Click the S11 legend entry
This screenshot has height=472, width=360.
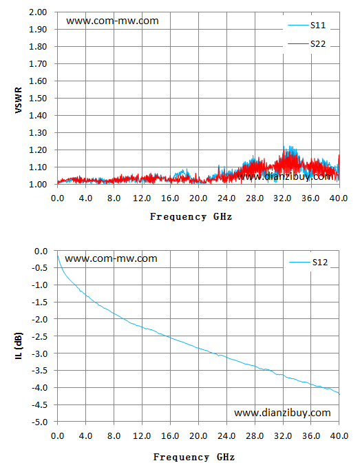pyautogui.click(x=307, y=25)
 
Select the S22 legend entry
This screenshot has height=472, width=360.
pyautogui.click(x=307, y=44)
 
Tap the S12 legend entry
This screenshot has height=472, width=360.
pyautogui.click(x=308, y=263)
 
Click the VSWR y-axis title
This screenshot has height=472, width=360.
pyautogui.click(x=19, y=100)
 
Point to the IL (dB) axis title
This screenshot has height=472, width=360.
pyautogui.click(x=19, y=346)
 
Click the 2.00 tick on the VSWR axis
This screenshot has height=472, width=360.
pyautogui.click(x=38, y=12)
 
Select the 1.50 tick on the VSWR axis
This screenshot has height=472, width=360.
pyautogui.click(x=38, y=99)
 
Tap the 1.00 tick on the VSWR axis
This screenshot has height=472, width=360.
pyautogui.click(x=38, y=184)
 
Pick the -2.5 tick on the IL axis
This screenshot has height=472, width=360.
pyautogui.click(x=40, y=336)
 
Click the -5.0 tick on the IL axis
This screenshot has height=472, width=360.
pyautogui.click(x=40, y=422)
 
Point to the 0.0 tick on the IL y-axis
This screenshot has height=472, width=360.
pyautogui.click(x=41, y=251)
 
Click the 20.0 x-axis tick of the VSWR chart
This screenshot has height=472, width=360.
pyautogui.click(x=198, y=198)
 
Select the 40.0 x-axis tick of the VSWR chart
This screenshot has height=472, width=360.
pyautogui.click(x=339, y=198)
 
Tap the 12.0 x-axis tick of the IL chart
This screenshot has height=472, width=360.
pyautogui.click(x=142, y=436)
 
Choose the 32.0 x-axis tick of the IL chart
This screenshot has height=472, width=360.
pyautogui.click(x=283, y=436)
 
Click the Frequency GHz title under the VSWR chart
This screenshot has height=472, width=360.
pyautogui.click(x=191, y=217)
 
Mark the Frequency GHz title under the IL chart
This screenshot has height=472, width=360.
pyautogui.click(x=194, y=458)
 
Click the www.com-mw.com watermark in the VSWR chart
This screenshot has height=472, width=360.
pyautogui.click(x=112, y=21)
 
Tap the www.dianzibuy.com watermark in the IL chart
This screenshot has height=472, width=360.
pyautogui.click(x=282, y=413)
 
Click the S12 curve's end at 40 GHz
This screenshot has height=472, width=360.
pyautogui.click(x=339, y=394)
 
